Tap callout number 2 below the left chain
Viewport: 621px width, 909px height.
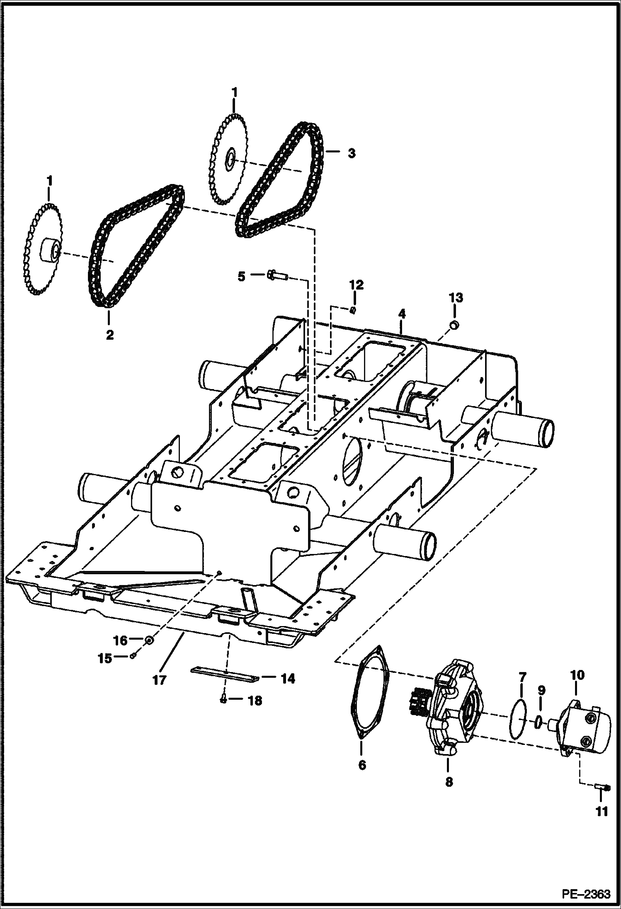(x=109, y=334)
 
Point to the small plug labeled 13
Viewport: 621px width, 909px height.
(x=454, y=325)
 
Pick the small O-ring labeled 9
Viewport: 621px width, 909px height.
(x=539, y=721)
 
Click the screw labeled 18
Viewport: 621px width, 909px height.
(x=223, y=700)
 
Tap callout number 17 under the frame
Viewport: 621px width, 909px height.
(x=159, y=679)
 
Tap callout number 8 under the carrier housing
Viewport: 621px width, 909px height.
(x=449, y=781)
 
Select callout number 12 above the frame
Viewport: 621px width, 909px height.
(x=356, y=285)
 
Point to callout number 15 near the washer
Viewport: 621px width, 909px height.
(x=104, y=658)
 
